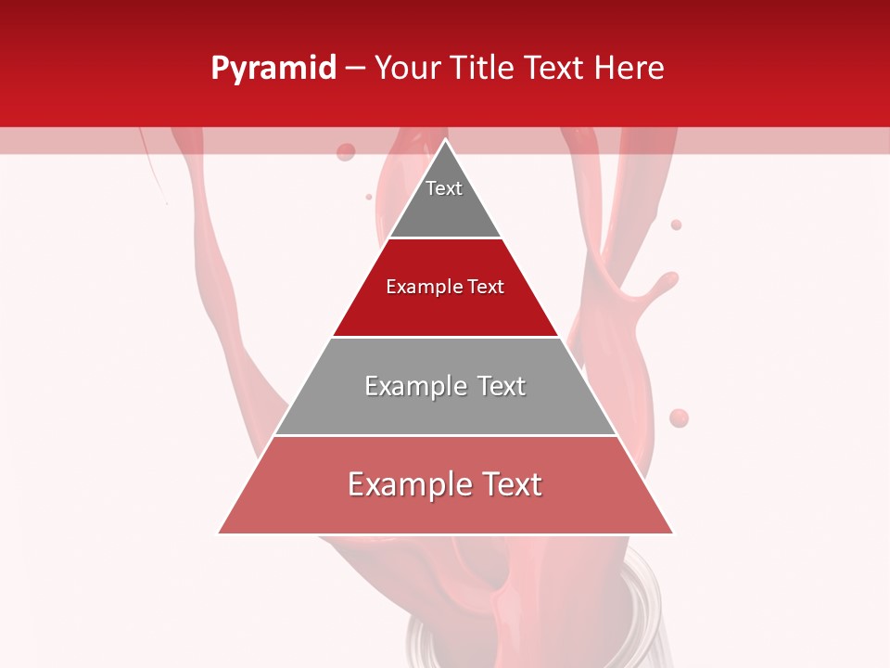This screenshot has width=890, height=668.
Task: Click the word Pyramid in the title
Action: (273, 69)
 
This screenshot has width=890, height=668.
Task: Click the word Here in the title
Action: (629, 69)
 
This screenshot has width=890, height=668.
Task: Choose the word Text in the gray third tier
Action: (502, 386)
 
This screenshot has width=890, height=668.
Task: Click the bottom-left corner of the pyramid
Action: (220, 533)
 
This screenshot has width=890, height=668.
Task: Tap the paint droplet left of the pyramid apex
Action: (346, 151)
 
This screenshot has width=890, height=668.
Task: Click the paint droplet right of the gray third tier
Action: (679, 418)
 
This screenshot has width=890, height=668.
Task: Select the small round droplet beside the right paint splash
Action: (676, 225)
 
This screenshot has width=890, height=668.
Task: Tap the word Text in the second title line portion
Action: (556, 69)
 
